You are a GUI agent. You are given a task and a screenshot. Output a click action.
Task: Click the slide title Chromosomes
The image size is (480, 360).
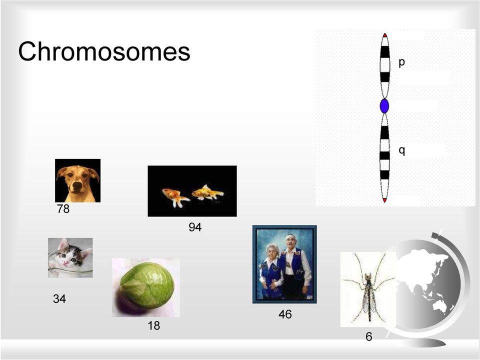104,51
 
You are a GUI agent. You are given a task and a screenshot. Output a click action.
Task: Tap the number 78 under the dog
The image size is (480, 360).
63,209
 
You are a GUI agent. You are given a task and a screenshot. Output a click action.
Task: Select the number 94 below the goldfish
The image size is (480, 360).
195,227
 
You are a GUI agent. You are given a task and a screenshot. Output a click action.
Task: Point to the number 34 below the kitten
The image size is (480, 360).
59,299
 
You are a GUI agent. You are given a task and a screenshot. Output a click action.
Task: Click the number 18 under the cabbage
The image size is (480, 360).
153,325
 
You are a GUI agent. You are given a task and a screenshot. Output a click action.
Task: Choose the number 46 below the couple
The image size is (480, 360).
285,314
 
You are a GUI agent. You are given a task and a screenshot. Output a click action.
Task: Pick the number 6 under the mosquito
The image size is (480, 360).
369,336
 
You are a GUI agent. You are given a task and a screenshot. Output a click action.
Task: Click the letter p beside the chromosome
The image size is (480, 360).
401,63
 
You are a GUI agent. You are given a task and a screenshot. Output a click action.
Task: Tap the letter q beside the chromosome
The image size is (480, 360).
401,151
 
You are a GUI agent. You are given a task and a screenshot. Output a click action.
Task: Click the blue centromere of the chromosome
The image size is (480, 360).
384,106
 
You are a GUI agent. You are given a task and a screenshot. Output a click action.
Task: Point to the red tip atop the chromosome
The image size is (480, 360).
385,35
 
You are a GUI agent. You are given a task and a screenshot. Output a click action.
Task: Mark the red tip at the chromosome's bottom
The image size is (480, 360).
385,200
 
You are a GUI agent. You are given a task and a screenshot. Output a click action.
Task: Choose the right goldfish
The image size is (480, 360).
207,192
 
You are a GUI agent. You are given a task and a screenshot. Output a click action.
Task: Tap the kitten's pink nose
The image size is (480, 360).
66,263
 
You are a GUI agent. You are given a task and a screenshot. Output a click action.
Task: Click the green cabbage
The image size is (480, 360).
147,286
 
